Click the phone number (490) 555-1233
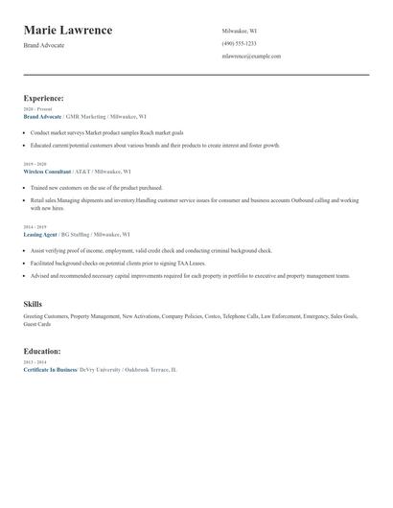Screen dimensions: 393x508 pyautogui.click(x=239, y=43)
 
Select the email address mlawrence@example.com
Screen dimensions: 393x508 pyautogui.click(x=251, y=56)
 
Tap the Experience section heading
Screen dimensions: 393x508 pyautogui.click(x=44, y=98)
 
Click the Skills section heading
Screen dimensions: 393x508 pyautogui.click(x=33, y=303)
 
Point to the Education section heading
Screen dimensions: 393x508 pyautogui.click(x=42, y=351)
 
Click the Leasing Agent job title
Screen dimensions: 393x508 pyautogui.click(x=40, y=234)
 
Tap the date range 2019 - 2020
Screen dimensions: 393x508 pyautogui.click(x=34, y=164)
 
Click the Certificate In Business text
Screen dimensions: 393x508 pyautogui.click(x=50, y=369)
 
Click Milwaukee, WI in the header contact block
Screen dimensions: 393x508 pyautogui.click(x=240, y=31)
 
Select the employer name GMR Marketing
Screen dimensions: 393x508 pyautogui.click(x=85, y=116)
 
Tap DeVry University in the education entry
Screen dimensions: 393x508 pyautogui.click(x=101, y=369)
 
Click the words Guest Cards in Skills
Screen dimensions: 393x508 pyautogui.click(x=37, y=324)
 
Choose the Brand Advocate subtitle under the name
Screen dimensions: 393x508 pyautogui.click(x=44, y=45)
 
